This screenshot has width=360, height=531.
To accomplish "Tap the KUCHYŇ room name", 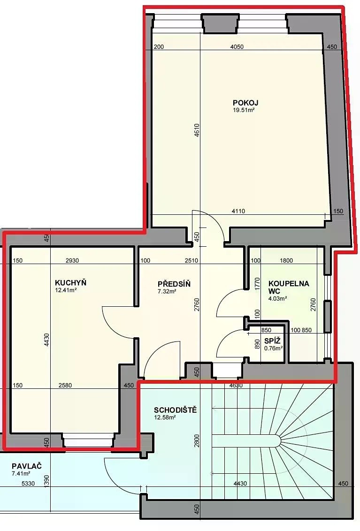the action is (x=70, y=282).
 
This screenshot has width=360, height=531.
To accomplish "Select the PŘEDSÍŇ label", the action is (x=174, y=284).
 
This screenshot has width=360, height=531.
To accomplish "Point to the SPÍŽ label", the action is (x=272, y=341).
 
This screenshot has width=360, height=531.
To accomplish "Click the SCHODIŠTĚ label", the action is (x=175, y=410).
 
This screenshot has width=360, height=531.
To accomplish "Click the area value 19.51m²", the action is (x=244, y=110).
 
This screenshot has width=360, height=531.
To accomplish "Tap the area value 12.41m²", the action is (x=66, y=290).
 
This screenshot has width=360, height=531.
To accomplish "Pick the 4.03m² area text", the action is (x=278, y=298).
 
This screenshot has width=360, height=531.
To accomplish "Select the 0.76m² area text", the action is (x=273, y=348).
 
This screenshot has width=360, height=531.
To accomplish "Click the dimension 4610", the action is (x=197, y=130).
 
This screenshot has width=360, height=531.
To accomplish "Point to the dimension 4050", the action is (x=237, y=47).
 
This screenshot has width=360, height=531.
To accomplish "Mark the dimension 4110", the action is (x=238, y=211).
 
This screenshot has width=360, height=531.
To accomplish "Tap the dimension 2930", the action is (x=72, y=260).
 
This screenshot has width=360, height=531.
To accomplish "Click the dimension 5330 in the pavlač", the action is (x=28, y=484).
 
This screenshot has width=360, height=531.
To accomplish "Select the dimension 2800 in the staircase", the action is (x=197, y=441).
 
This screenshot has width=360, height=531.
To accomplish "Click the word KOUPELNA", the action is (x=289, y=283).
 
